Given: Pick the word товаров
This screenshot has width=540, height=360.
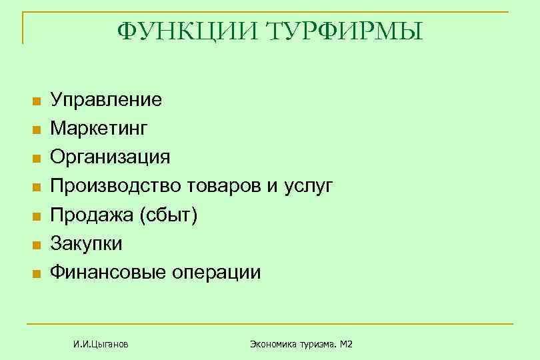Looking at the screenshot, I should click(221, 186).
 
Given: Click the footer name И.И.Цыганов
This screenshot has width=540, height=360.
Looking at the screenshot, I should click(101, 344).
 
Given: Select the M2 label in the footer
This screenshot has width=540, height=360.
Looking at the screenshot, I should click(345, 344).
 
